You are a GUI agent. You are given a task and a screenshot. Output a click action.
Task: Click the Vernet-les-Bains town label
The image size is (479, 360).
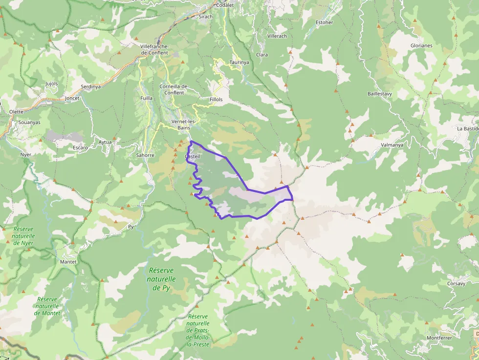[184, 125]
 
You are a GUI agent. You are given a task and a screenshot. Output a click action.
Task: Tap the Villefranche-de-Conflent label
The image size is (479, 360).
[154, 49]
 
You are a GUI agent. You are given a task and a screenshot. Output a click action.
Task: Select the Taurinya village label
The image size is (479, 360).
[239, 63]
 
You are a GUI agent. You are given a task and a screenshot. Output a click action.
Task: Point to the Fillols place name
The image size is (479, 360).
[216, 99]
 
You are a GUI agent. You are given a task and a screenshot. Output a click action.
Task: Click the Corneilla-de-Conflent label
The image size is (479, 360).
[174, 89]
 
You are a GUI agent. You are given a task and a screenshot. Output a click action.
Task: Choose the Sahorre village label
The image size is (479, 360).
[145, 155]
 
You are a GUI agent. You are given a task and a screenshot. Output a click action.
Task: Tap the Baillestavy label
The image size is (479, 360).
[380, 93]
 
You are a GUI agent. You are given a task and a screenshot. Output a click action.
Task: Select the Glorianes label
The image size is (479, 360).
[421, 45]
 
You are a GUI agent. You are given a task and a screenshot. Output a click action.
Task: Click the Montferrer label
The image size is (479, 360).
[439, 338]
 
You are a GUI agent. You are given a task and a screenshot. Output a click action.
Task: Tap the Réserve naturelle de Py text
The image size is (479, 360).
[161, 279]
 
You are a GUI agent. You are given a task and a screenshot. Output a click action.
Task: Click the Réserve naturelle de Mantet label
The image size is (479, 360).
[47, 306]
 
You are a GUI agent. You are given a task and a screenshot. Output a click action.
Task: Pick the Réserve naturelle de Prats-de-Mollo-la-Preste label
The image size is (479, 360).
[198, 330]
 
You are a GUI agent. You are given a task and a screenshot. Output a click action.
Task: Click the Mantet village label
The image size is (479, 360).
[68, 262]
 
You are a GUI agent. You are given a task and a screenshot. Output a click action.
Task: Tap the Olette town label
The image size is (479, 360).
[16, 111]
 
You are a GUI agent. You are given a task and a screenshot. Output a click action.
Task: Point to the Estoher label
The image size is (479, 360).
[325, 22]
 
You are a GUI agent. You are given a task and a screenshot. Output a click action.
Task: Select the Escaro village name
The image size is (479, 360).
[80, 148]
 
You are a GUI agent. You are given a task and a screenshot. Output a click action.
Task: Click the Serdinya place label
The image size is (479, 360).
[90, 86]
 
